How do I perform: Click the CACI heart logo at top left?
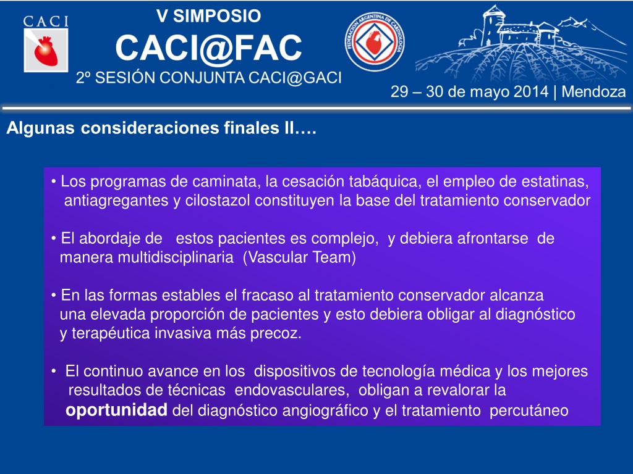click(46, 44)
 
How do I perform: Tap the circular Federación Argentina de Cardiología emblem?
click(375, 41)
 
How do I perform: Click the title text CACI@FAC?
click(209, 48)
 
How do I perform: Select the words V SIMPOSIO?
click(209, 16)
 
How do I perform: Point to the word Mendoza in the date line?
click(593, 92)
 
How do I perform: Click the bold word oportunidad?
click(116, 410)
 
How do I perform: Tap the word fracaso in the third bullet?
click(267, 296)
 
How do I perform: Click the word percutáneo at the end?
click(529, 411)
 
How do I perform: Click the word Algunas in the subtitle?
click(40, 128)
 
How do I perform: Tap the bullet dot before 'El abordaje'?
click(54, 239)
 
